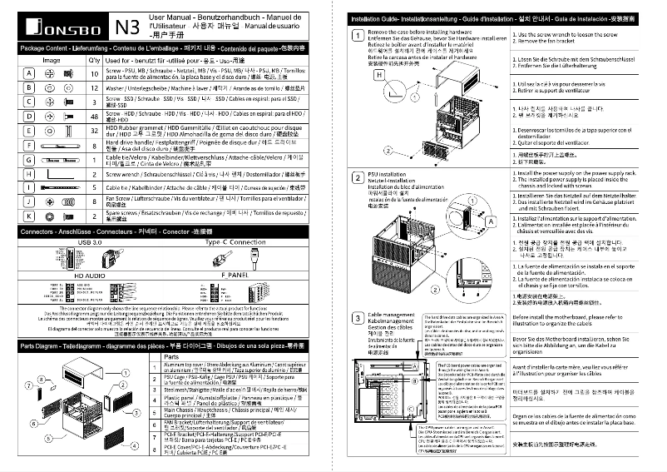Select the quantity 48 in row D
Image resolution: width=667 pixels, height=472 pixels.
click(x=94, y=117)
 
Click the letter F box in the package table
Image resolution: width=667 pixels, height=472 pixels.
click(x=28, y=145)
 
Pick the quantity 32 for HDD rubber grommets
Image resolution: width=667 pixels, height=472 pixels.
click(x=94, y=131)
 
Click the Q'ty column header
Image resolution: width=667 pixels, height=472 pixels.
click(x=94, y=61)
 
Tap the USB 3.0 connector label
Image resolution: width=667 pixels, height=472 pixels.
click(x=91, y=242)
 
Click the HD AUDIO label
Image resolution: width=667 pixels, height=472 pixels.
click(x=91, y=274)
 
